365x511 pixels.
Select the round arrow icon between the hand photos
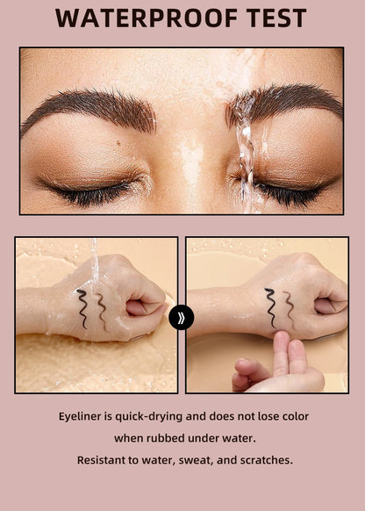181,317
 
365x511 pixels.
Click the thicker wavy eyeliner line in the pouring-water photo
82,308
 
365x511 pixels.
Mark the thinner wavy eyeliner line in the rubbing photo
289,305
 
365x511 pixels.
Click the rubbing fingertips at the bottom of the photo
279,360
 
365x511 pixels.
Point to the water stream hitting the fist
93,263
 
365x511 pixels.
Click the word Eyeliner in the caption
85,415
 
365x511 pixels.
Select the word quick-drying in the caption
160,415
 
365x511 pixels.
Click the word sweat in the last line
197,459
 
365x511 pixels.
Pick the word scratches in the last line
265,459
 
